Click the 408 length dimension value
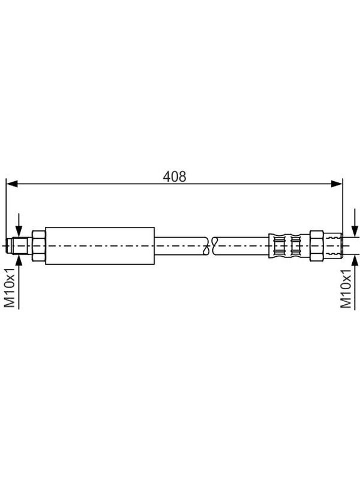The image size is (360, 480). click(174, 176)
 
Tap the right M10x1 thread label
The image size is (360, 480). click(346, 289)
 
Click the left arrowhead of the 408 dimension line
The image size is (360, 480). click(11, 184)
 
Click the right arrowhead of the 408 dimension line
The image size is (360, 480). click(337, 184)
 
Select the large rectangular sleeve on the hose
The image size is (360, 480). click(100, 246)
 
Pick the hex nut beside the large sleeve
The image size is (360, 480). click(38, 246)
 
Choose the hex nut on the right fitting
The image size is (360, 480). click(317, 246)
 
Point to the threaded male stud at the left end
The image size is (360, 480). click(19, 246)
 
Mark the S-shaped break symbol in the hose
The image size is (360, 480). click(210, 245)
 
